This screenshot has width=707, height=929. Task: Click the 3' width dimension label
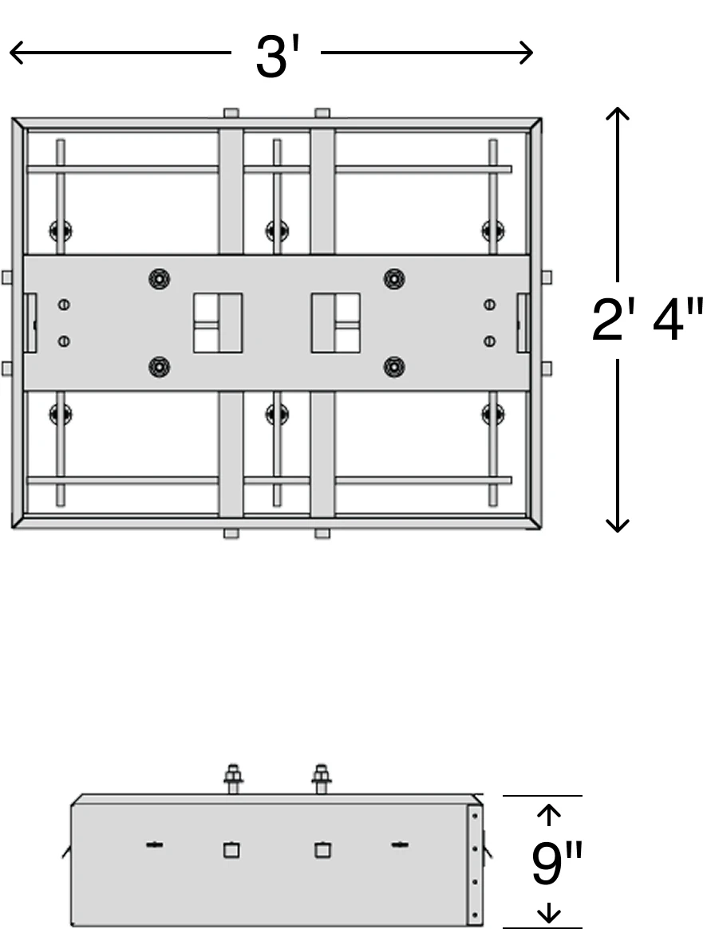277,57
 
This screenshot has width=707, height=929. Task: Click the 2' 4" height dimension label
648,320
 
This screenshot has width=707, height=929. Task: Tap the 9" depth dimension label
557,864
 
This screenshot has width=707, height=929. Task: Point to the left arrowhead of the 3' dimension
16,53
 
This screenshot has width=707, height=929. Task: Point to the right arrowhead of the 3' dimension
526,53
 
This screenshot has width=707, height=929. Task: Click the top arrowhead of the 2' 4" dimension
618,114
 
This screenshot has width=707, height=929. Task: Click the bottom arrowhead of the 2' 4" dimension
618,525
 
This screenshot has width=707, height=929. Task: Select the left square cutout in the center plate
218,323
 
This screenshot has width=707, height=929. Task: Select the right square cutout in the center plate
336,323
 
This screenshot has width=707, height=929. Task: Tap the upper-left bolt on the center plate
159,278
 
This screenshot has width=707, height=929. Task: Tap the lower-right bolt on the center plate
394,368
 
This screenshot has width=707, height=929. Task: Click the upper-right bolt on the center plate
394,278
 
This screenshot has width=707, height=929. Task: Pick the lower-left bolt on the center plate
159,368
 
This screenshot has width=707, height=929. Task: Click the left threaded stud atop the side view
232,778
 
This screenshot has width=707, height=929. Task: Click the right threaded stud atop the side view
322,778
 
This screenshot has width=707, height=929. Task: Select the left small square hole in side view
232,851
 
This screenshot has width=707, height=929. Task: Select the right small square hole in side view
322,851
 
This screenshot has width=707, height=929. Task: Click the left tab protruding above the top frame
231,112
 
